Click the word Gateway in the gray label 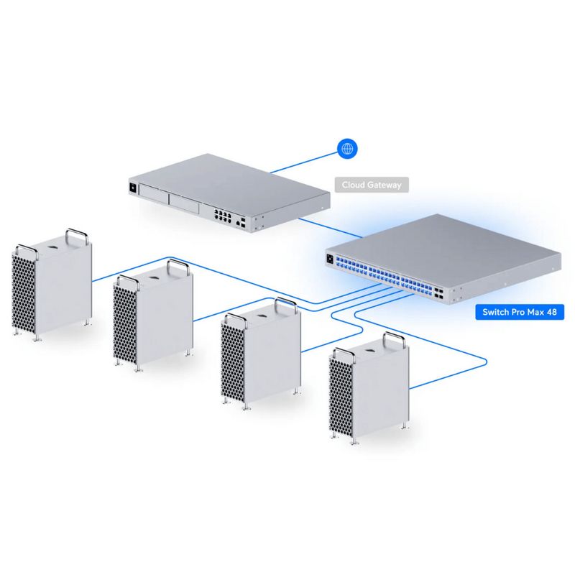pos(385,185)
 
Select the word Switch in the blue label pos(496,313)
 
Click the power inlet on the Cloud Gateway pos(132,189)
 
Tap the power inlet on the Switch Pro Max pos(331,259)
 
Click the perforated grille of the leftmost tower pos(24,291)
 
